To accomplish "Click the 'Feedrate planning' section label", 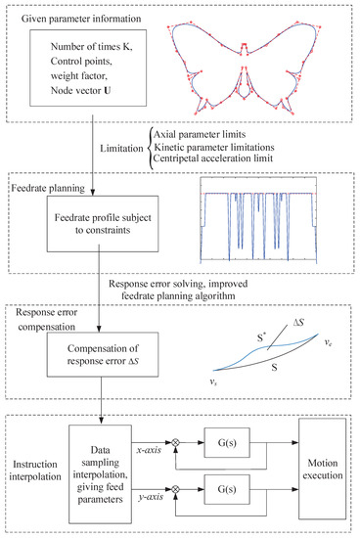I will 58,185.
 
